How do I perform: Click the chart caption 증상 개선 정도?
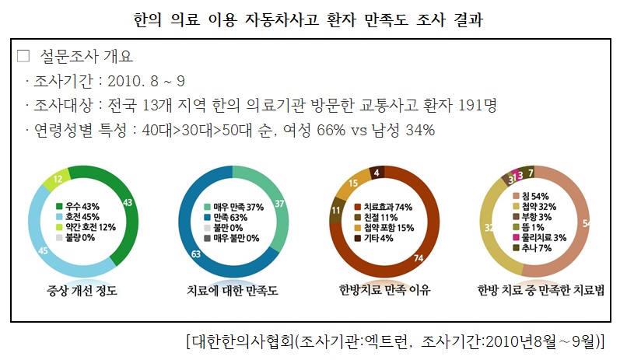(82, 291)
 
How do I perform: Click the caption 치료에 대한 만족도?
(232, 291)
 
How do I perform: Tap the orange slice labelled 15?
(352, 183)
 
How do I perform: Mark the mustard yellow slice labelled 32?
(489, 228)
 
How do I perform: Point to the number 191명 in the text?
(476, 105)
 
